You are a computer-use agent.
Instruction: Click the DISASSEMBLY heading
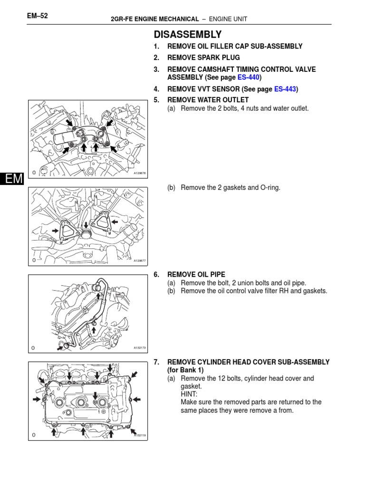pyautogui.click(x=187, y=34)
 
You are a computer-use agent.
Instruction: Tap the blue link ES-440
pyautogui.click(x=248, y=77)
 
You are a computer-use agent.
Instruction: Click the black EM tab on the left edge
pyautogui.click(x=11, y=179)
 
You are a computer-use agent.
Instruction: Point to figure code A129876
pyautogui.click(x=139, y=174)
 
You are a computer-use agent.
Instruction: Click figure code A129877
pyautogui.click(x=139, y=261)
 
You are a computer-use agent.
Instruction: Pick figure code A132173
pyautogui.click(x=139, y=348)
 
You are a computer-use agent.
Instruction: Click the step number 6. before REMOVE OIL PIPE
pyautogui.click(x=156, y=275)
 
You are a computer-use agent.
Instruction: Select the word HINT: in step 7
pyautogui.click(x=190, y=394)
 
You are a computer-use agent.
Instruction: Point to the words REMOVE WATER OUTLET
pyautogui.click(x=208, y=100)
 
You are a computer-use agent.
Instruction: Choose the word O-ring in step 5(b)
pyautogui.click(x=269, y=187)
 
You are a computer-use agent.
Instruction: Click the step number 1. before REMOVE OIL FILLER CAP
pyautogui.click(x=156, y=46)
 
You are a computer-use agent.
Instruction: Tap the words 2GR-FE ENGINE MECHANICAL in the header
pyautogui.click(x=154, y=19)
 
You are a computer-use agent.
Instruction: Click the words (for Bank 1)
pyautogui.click(x=185, y=370)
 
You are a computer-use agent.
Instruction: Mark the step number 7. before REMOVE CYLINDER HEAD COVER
pyautogui.click(x=156, y=362)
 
